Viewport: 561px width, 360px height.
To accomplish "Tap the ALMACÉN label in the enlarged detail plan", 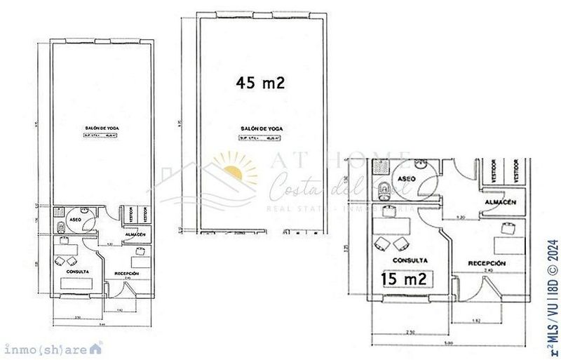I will click(x=500, y=201).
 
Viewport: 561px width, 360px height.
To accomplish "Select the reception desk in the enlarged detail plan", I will click(x=508, y=245).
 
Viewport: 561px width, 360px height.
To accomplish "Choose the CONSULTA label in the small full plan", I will click(x=76, y=270).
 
